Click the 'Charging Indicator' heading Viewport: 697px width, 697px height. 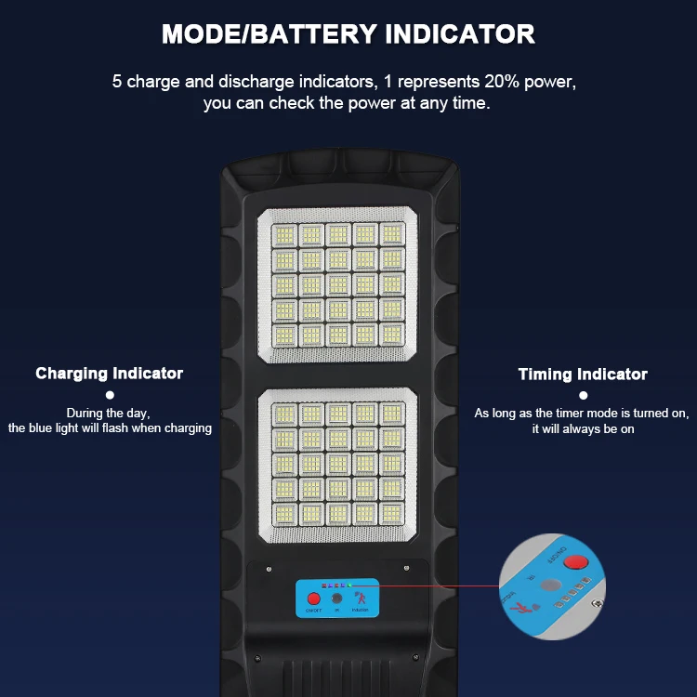pos(110,374)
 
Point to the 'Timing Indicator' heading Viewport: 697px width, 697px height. pos(583,375)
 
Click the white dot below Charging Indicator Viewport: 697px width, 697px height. pos(109,395)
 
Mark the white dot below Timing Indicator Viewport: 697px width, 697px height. pos(583,396)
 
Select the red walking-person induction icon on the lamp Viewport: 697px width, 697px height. pos(361,597)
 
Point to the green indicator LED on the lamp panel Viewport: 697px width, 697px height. pos(349,586)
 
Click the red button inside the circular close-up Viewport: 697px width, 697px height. pos(578,562)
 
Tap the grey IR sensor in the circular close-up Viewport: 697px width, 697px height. pos(552,586)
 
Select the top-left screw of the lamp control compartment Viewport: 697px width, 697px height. pos(269,569)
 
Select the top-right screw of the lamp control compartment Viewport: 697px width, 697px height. pos(405,569)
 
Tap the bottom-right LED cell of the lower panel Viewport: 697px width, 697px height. pos(392,512)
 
